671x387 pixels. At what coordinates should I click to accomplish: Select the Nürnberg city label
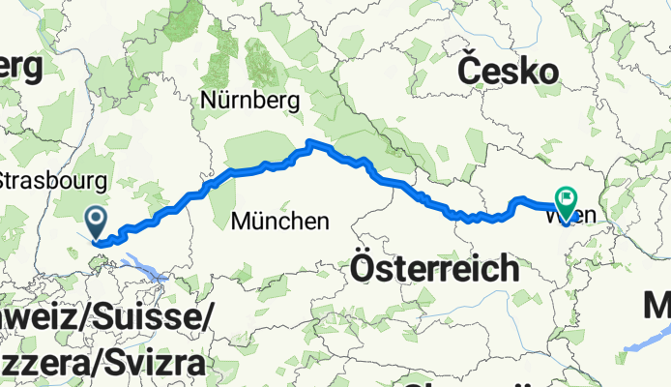click(x=250, y=100)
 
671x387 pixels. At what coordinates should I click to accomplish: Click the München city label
click(x=279, y=222)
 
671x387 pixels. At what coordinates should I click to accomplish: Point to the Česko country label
click(x=508, y=72)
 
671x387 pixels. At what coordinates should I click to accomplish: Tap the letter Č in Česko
click(x=470, y=71)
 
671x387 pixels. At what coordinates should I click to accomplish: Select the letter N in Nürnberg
click(x=210, y=100)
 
